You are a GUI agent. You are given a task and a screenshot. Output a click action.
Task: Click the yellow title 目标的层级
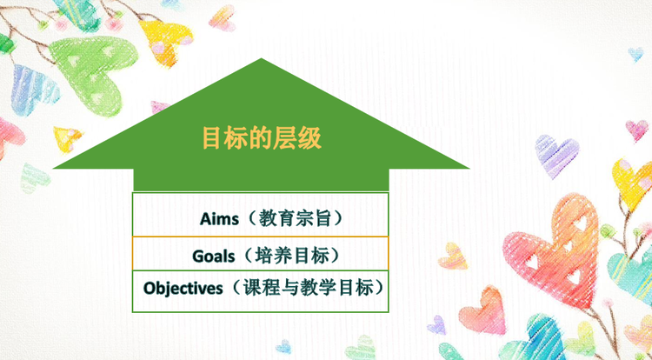[x=262, y=138]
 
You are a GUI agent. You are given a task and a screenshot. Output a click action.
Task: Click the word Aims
[x=220, y=218]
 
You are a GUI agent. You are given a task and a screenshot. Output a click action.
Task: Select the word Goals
[x=213, y=256]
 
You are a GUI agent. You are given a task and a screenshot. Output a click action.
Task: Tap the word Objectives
[x=183, y=288]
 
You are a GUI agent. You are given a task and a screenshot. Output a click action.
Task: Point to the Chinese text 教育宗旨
[x=295, y=218]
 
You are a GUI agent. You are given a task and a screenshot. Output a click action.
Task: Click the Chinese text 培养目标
[x=292, y=256]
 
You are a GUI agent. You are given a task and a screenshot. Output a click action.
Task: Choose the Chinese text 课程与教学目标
[x=308, y=287]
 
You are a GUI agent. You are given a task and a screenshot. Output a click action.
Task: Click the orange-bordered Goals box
[x=260, y=253]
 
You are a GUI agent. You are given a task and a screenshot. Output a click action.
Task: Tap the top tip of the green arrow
[x=261, y=58]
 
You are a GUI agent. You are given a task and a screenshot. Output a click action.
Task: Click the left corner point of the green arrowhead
[x=54, y=168]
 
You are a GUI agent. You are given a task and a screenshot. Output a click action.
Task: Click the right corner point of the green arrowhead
[x=469, y=168]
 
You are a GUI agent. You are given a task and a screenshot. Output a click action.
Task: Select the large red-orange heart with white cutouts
[x=553, y=250]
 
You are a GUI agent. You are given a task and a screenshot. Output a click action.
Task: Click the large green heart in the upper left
[x=94, y=73]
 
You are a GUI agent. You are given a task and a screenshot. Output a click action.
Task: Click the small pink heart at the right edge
[x=637, y=130]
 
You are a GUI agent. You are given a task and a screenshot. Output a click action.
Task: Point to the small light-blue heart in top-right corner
[x=635, y=54]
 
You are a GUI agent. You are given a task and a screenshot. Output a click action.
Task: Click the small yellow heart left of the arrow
[x=67, y=139]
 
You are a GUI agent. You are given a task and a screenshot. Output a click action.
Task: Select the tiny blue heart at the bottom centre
[x=284, y=347]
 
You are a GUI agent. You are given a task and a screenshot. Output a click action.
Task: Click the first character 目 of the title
[x=211, y=138]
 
